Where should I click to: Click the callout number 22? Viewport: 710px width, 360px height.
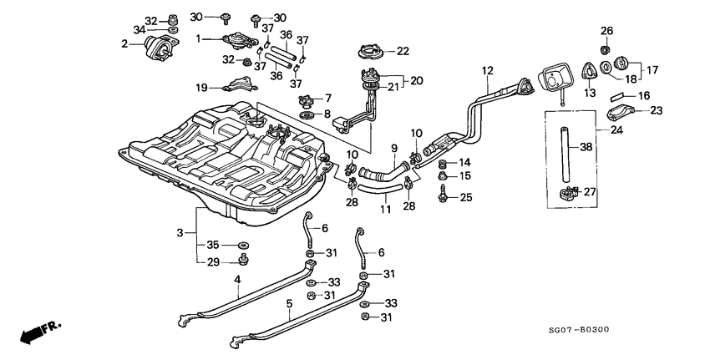pos(403,51)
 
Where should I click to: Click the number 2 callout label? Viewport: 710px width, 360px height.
pos(124,43)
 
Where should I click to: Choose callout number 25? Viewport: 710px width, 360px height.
pos(466,197)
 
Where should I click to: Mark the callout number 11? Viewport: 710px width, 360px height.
pos(386,207)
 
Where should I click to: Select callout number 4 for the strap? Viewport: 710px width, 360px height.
pos(237,278)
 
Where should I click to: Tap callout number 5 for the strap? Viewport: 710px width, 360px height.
pos(289,305)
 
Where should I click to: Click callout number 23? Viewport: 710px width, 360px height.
pos(656,109)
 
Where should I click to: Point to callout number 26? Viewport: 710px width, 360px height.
pos(607,31)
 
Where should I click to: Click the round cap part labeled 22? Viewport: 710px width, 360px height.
pos(372,53)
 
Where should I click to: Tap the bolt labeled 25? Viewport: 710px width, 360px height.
pos(444,197)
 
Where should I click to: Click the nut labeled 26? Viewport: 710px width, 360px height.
pos(607,45)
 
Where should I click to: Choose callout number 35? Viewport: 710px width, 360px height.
pos(213,245)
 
